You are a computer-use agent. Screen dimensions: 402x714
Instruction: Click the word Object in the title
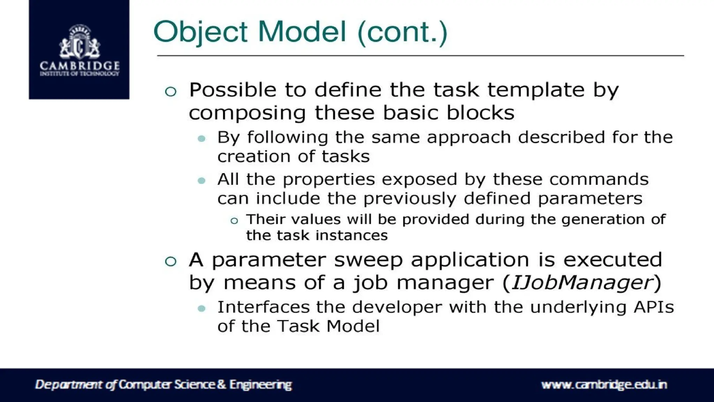point(200,32)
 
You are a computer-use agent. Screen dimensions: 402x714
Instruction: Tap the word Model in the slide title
point(302,32)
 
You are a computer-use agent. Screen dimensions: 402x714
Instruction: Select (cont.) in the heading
point(402,32)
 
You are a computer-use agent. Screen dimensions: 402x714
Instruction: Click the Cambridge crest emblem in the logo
point(79,42)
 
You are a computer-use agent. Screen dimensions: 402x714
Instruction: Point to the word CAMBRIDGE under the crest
point(79,66)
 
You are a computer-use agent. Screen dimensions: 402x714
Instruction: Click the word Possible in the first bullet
point(233,90)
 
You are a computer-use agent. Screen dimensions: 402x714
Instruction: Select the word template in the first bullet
point(535,91)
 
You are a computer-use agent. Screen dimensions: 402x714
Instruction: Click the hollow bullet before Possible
point(170,91)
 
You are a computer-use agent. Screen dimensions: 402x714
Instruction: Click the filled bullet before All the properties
point(202,180)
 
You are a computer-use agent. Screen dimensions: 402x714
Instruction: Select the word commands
point(599,179)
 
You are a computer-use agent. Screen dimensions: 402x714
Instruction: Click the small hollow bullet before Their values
point(234,221)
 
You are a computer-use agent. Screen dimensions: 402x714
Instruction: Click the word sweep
point(368,260)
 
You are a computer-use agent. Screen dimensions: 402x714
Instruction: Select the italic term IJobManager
point(582,283)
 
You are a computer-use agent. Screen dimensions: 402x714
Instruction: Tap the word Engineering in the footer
point(260,385)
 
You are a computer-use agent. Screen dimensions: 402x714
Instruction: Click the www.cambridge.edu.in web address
point(604,385)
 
